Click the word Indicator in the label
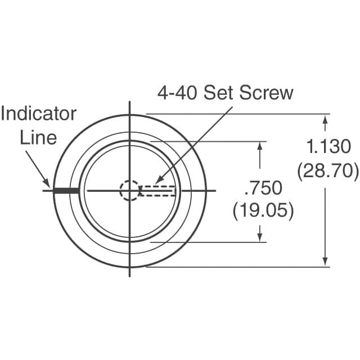pyautogui.click(x=38, y=114)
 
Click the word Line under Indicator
pyautogui.click(x=38, y=137)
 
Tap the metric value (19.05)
pyautogui.click(x=263, y=210)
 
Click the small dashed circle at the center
pyautogui.click(x=129, y=190)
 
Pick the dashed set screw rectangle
pyautogui.click(x=159, y=191)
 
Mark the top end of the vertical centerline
pyautogui.click(x=130, y=102)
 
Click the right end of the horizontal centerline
pyautogui.click(x=215, y=191)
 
